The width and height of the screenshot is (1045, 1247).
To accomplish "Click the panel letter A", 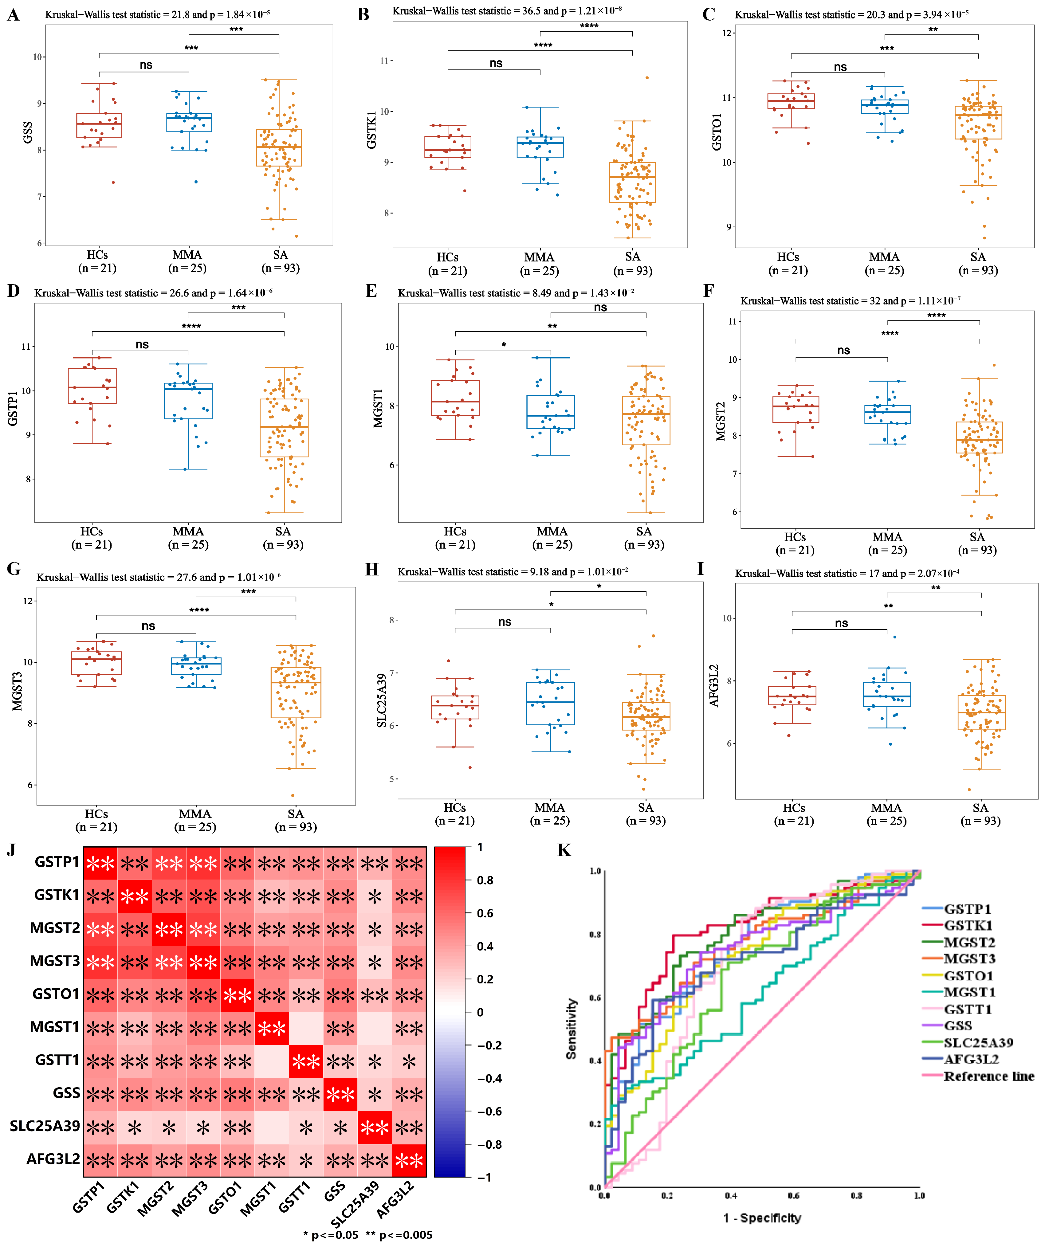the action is coord(13,15).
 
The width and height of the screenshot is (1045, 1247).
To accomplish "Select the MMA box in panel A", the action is coord(189,122).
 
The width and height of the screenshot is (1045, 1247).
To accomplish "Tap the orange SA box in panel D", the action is coord(284,428).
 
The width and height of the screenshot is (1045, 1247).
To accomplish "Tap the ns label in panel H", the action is coord(505,622).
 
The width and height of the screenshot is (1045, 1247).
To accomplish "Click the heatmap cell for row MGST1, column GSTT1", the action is coord(306,1027).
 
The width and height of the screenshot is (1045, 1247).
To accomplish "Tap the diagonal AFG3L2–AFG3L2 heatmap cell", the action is coord(408,1160).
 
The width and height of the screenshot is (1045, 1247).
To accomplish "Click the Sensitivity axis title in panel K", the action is coord(571,1029).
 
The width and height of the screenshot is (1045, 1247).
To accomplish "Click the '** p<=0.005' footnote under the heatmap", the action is coord(399,1234).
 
